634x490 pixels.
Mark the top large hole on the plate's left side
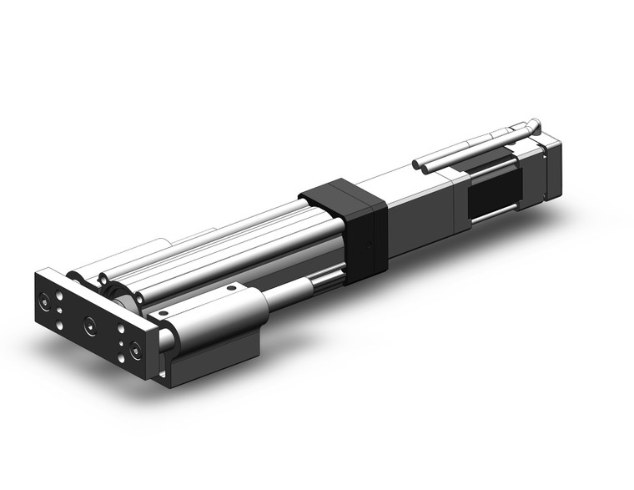(58, 295)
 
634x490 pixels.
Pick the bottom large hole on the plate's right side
(122, 357)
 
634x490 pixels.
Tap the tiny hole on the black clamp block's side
(367, 247)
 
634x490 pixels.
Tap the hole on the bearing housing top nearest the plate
(164, 313)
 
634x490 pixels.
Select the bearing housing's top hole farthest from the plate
(231, 289)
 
